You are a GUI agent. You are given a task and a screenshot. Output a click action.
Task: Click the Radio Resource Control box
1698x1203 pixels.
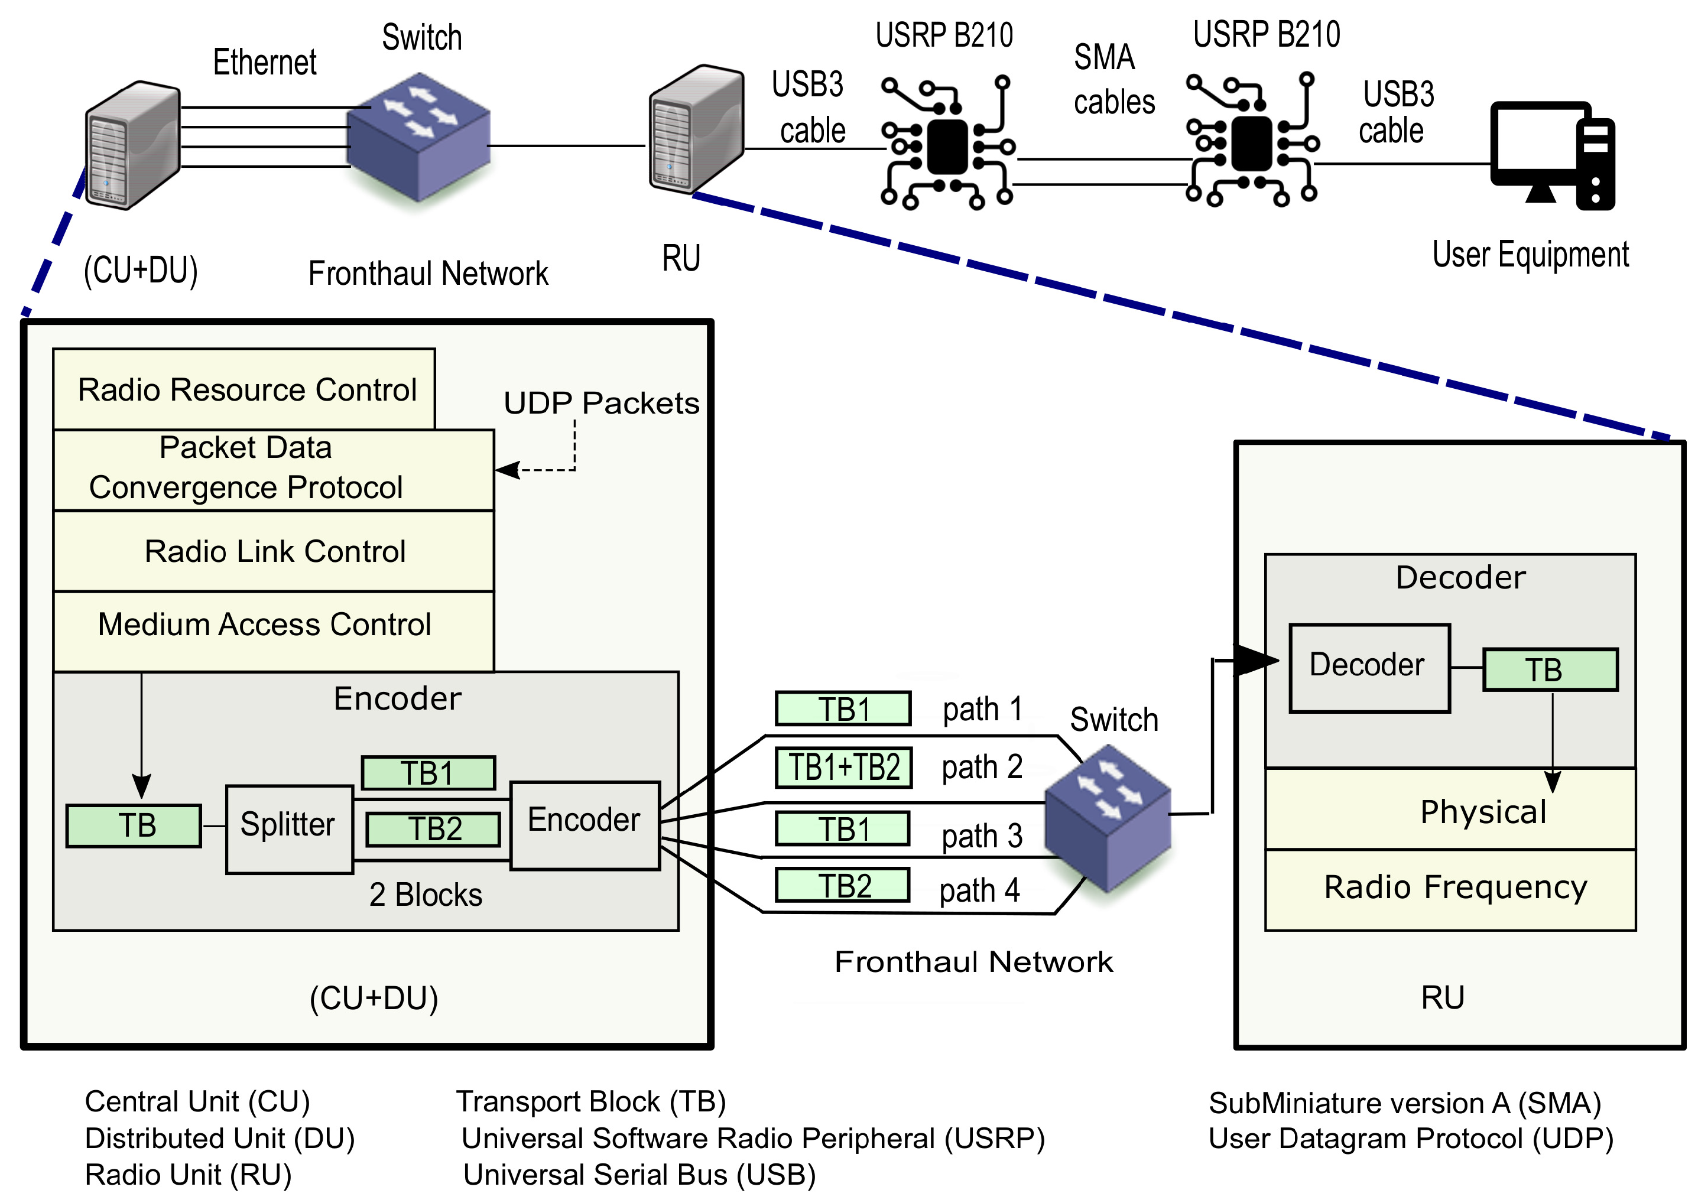click(245, 389)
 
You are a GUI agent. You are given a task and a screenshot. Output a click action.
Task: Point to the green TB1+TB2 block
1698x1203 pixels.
click(843, 768)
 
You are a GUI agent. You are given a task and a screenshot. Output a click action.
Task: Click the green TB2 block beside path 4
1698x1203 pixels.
click(842, 886)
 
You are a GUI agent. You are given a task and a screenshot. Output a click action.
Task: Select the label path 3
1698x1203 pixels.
click(982, 836)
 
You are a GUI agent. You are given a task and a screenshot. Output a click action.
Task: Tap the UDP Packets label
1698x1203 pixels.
click(601, 403)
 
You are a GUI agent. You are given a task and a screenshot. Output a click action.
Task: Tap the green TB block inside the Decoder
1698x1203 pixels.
click(1549, 669)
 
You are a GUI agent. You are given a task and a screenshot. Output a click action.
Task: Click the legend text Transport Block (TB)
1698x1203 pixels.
click(590, 1101)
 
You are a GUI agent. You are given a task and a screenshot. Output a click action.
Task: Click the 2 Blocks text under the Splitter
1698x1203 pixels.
click(426, 895)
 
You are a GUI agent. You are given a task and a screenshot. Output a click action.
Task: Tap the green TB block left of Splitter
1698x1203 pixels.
click(134, 825)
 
